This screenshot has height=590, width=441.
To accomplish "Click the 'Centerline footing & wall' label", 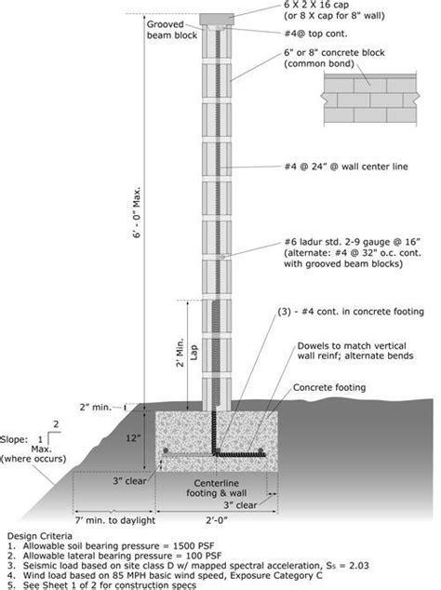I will coord(220,489).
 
